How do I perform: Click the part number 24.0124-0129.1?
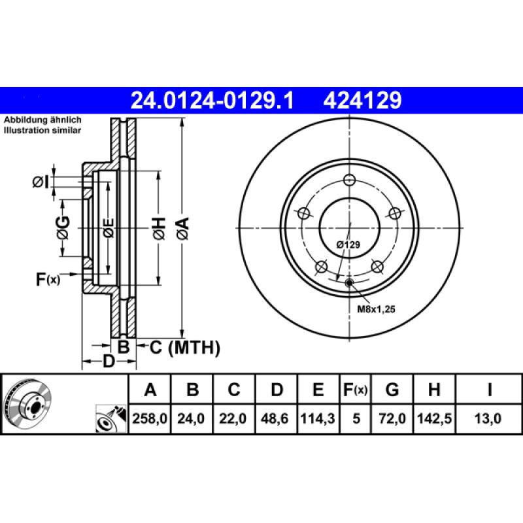click(213, 100)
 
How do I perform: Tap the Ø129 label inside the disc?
click(349, 244)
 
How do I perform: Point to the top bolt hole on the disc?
click(350, 181)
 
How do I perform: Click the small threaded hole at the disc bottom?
click(348, 282)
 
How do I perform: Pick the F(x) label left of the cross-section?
click(48, 280)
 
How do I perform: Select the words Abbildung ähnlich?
click(42, 121)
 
